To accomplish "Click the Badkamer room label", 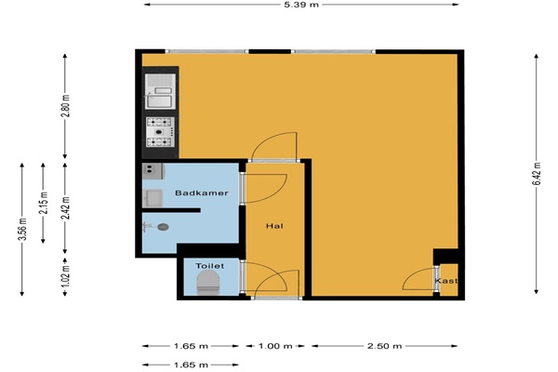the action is click(x=202, y=193).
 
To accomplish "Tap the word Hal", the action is click(x=274, y=226).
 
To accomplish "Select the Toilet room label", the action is click(x=209, y=266).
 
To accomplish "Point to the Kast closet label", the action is click(x=445, y=281).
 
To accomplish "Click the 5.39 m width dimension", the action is click(x=301, y=5).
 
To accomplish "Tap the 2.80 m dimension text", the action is click(x=65, y=106).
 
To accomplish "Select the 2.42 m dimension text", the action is click(x=65, y=208).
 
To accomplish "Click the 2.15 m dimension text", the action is click(x=43, y=203).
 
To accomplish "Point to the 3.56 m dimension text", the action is click(x=22, y=229).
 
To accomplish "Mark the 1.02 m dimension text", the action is click(x=65, y=276).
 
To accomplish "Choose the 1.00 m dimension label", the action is click(x=275, y=346).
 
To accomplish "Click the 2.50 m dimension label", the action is click(x=384, y=346).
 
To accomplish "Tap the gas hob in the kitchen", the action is click(x=160, y=132).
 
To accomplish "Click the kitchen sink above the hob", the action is click(x=160, y=91).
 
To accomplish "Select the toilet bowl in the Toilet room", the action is click(x=207, y=283).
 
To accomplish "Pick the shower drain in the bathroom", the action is click(x=163, y=227).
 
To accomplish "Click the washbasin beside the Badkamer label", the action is click(x=153, y=198).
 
